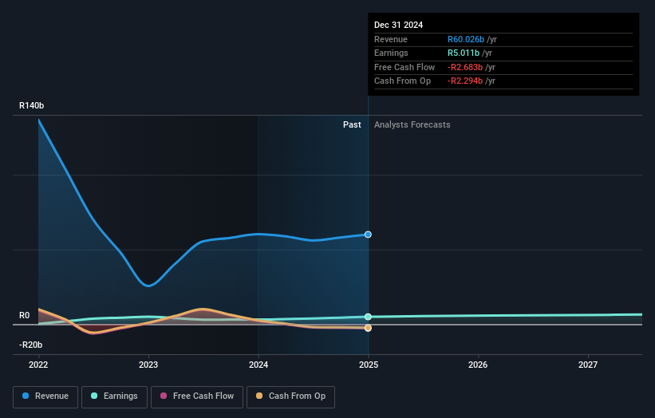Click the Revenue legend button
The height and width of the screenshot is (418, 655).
pyautogui.click(x=46, y=396)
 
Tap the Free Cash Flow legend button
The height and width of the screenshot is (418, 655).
pyautogui.click(x=197, y=396)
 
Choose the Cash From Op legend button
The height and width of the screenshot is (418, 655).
pyautogui.click(x=290, y=396)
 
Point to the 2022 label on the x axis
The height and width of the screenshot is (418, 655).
pyautogui.click(x=38, y=365)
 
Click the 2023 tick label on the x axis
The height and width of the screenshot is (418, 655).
pyautogui.click(x=148, y=365)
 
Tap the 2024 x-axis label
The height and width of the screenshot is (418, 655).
pyautogui.click(x=258, y=365)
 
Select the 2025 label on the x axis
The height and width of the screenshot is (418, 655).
pyautogui.click(x=369, y=365)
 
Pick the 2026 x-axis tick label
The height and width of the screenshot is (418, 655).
pyautogui.click(x=478, y=365)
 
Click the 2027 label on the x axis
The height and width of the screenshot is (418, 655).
pyautogui.click(x=588, y=365)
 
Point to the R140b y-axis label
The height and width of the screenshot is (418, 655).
pyautogui.click(x=32, y=105)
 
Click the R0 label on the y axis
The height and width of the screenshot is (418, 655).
pyautogui.click(x=25, y=315)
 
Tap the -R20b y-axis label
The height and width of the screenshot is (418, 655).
pyautogui.click(x=31, y=345)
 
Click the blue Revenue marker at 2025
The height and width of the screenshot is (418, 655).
pyautogui.click(x=369, y=235)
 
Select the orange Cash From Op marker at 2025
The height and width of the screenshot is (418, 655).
pyautogui.click(x=369, y=328)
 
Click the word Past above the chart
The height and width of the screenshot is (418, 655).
pyautogui.click(x=352, y=124)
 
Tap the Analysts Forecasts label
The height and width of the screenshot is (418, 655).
pyautogui.click(x=412, y=124)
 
